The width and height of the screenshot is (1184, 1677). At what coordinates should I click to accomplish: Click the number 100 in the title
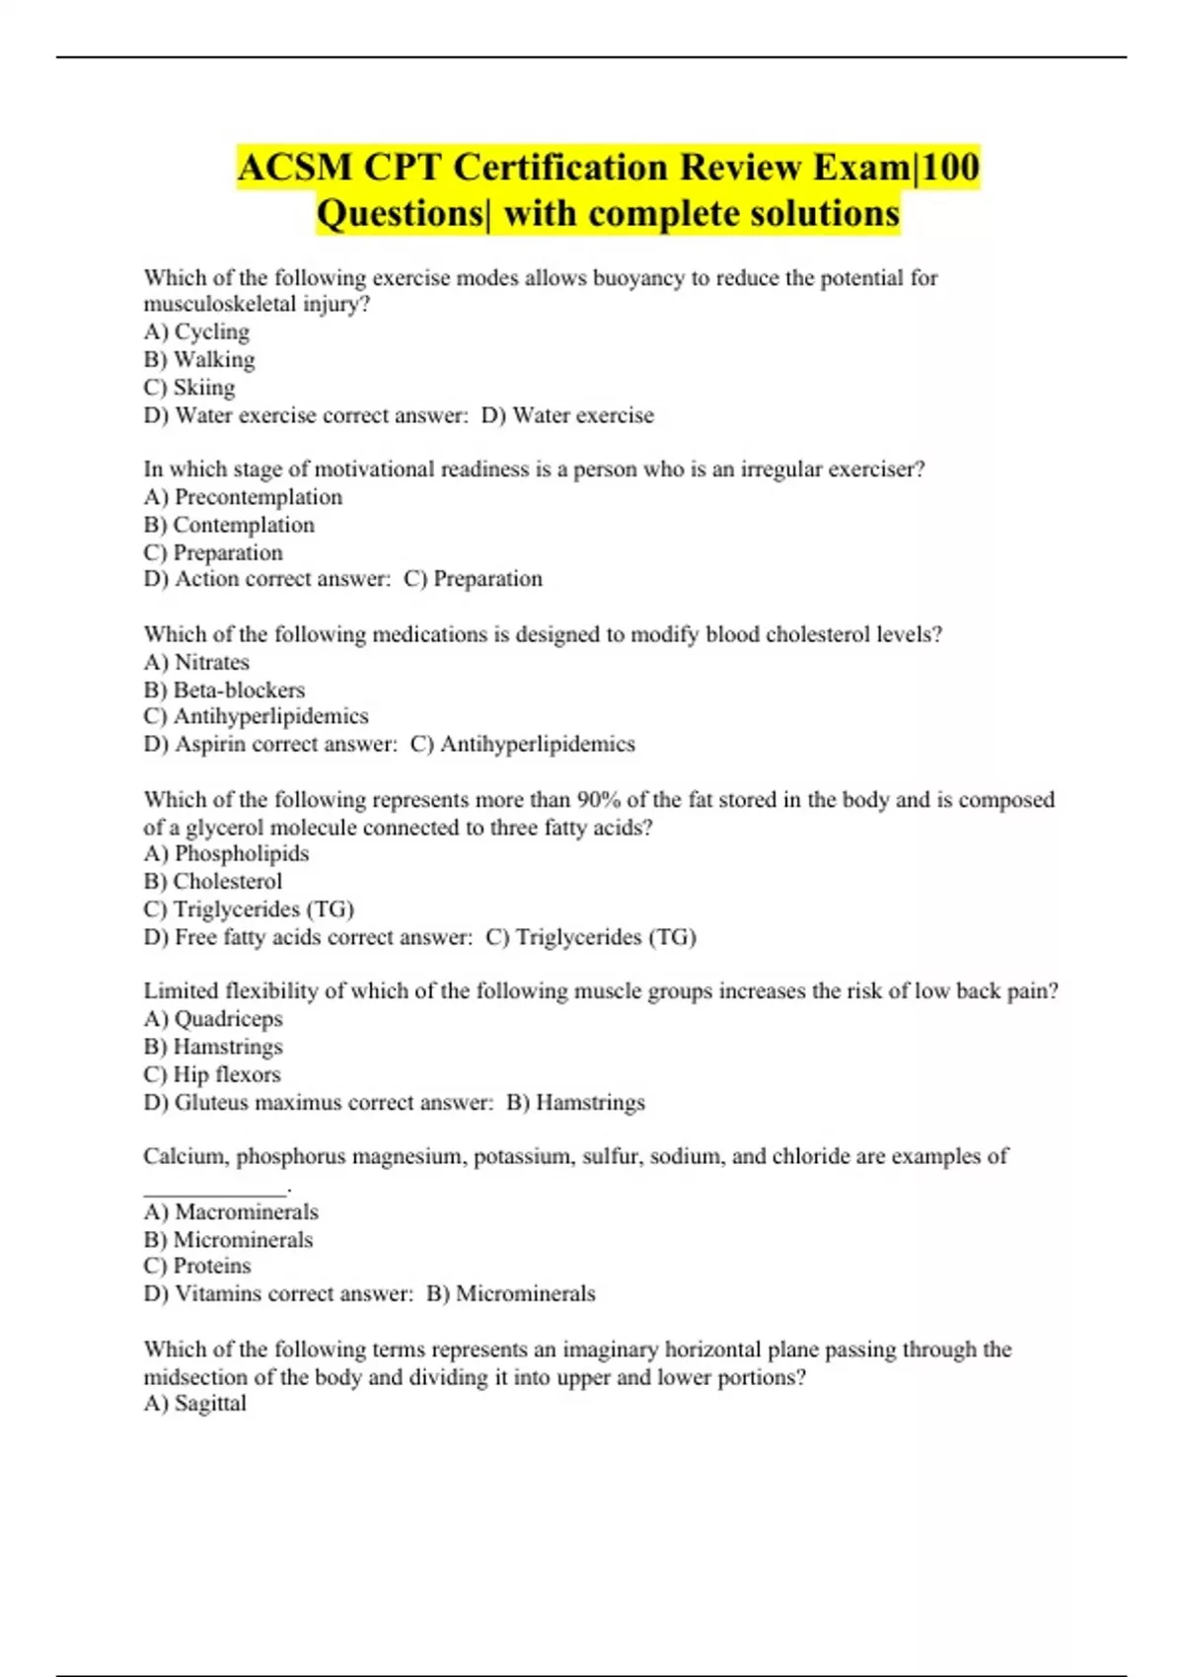(949, 167)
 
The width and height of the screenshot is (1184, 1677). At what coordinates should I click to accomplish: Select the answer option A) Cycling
(196, 332)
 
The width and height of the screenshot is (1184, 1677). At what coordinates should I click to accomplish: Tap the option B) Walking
(199, 360)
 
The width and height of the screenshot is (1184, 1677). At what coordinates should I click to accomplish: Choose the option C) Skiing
(189, 388)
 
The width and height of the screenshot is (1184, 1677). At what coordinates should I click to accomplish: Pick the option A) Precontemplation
(243, 497)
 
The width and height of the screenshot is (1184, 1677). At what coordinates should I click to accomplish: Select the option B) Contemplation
(229, 525)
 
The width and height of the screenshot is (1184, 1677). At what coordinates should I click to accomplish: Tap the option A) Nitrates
(196, 662)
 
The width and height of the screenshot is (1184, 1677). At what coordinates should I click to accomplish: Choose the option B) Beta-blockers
(224, 690)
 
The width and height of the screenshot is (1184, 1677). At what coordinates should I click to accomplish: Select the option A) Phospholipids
(226, 853)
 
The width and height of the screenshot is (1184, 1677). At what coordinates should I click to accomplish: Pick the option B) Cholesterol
(212, 881)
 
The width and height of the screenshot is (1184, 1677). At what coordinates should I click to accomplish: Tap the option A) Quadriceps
(213, 1019)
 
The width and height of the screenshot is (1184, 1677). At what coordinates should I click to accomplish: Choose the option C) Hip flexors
(212, 1074)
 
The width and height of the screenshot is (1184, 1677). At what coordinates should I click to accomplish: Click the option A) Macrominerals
(231, 1211)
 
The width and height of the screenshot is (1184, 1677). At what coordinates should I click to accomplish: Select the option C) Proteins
(197, 1266)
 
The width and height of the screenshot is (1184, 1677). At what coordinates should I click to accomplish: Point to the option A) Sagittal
(195, 1403)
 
